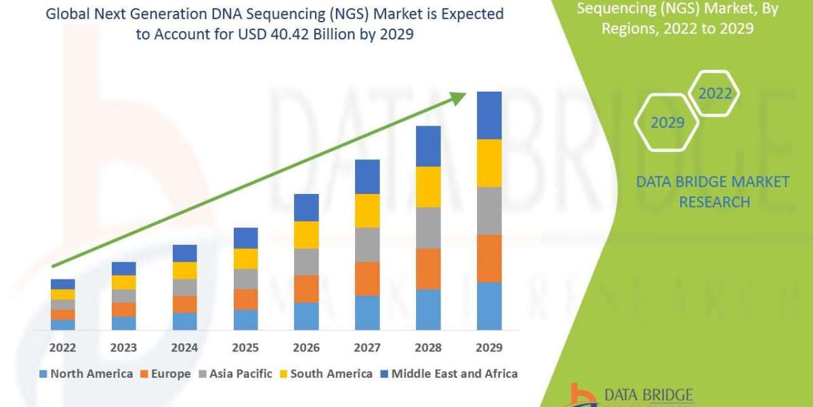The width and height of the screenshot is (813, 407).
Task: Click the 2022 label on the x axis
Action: [62, 348]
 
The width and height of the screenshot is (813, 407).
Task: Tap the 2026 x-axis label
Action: [306, 348]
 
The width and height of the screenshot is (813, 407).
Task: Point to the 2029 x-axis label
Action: [489, 348]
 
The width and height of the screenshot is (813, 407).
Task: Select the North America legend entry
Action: [86, 373]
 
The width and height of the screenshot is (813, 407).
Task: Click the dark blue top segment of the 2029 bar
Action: [489, 115]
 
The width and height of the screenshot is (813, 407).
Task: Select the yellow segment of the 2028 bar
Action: [428, 187]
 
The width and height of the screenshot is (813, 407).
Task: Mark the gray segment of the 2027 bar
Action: [367, 244]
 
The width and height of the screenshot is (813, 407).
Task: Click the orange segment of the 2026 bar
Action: [306, 288]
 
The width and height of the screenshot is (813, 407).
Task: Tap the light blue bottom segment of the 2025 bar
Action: [245, 319]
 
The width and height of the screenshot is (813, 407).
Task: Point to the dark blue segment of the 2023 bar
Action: [123, 269]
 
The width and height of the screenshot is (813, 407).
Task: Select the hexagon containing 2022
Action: [715, 94]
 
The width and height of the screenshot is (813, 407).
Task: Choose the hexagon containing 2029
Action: [667, 123]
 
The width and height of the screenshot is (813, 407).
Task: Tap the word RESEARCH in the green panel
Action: [714, 202]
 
